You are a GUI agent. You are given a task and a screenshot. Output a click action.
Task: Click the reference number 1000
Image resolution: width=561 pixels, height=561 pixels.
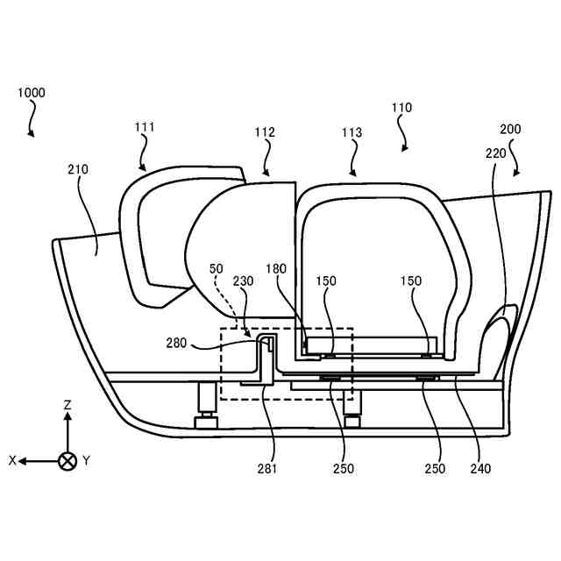tap(31, 92)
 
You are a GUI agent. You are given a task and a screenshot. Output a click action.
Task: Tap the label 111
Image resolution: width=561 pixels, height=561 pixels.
tap(145, 127)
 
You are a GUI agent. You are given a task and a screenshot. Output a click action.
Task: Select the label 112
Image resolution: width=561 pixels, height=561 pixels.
tap(265, 133)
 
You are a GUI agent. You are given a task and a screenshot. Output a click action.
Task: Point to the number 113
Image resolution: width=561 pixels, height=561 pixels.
tap(352, 133)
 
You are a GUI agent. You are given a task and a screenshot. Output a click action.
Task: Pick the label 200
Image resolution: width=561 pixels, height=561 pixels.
tap(510, 129)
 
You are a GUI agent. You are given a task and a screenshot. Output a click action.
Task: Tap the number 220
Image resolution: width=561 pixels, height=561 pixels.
tap(495, 153)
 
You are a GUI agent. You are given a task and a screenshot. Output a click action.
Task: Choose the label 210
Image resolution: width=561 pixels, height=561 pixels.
tap(78, 167)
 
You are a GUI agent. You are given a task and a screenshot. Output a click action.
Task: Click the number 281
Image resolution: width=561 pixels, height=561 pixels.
tap(267, 468)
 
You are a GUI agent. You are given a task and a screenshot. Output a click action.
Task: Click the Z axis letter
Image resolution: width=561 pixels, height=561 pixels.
tap(67, 405)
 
